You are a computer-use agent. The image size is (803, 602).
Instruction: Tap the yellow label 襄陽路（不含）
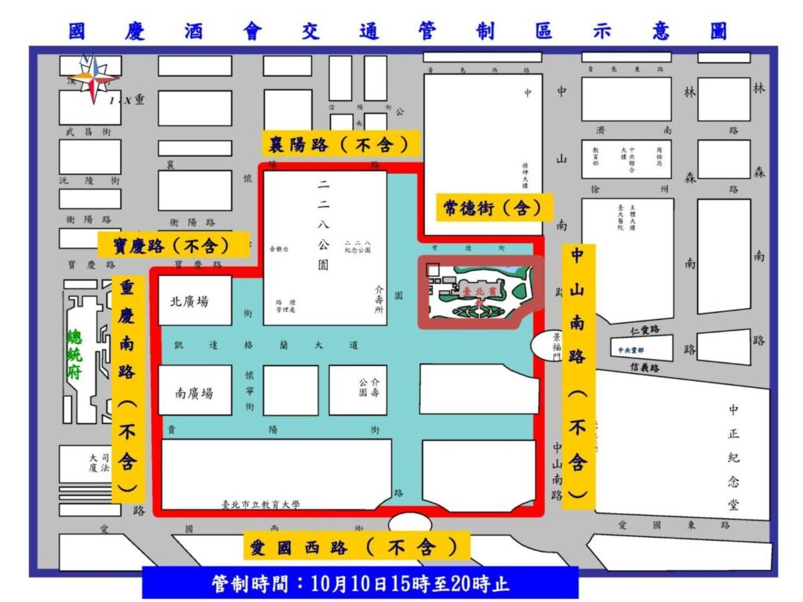point(340,143)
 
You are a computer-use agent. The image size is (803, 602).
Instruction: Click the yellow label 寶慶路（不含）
point(173,245)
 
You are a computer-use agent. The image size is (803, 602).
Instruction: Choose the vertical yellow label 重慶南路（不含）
point(128,387)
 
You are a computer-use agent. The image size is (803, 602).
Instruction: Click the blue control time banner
point(360,583)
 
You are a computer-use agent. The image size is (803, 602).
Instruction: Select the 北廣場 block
point(195,301)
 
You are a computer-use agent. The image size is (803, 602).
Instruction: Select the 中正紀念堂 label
point(733,457)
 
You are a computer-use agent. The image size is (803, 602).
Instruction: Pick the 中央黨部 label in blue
point(631,350)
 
